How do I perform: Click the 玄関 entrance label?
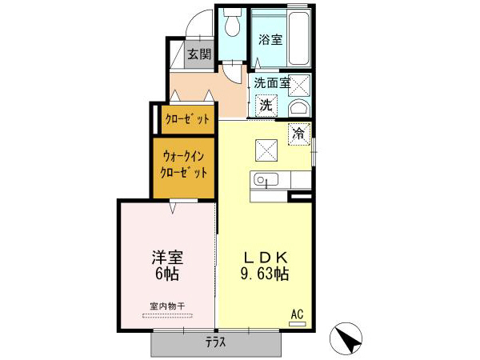click(x=199, y=54)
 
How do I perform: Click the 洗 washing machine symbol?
click(x=266, y=104)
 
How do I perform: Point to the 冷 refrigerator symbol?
click(x=298, y=134)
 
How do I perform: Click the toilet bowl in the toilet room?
click(x=232, y=26)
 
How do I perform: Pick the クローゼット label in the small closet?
click(x=187, y=119)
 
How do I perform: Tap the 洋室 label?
click(x=167, y=258)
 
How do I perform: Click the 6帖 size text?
click(x=167, y=274)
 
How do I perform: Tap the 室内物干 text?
click(x=166, y=306)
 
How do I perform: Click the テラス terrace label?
click(x=214, y=342)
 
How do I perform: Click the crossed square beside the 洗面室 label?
click(x=298, y=83)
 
